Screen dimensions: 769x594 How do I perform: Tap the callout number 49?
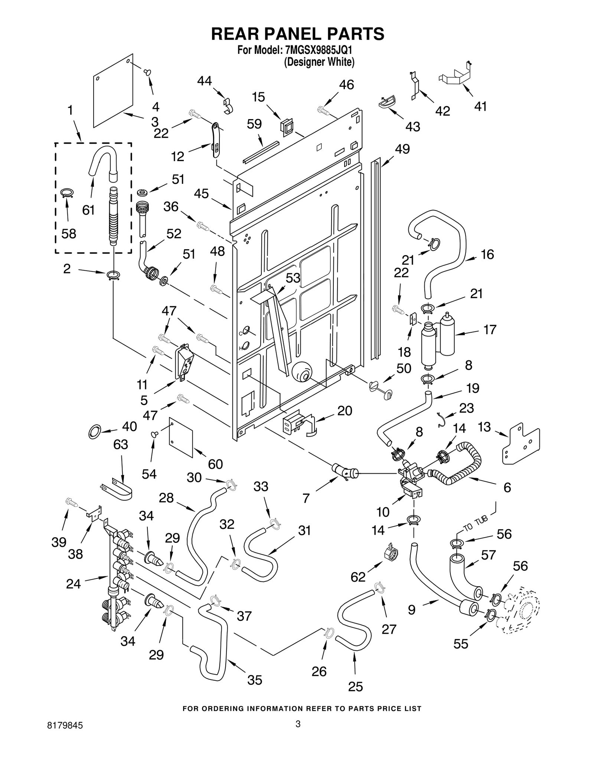point(402,149)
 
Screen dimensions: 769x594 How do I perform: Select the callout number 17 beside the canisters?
point(490,329)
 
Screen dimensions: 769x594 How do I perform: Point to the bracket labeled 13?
point(520,445)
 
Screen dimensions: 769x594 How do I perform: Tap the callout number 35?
point(255,680)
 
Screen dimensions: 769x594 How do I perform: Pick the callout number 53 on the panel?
point(293,278)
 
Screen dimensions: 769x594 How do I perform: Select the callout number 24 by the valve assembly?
point(73,584)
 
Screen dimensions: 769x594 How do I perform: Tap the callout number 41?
point(480,107)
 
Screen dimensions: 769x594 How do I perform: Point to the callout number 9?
point(411,610)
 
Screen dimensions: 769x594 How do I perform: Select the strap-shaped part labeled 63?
point(118,491)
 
